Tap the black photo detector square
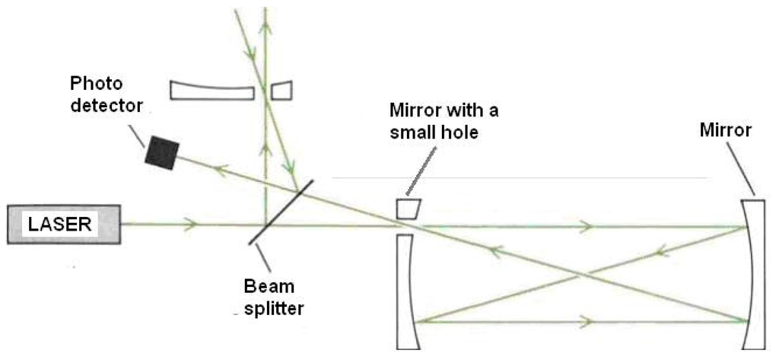pos(163,153)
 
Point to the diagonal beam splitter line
pos(276,212)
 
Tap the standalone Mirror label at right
pos(727,130)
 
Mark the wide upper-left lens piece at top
pos(211,90)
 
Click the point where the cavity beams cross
pos(582,274)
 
